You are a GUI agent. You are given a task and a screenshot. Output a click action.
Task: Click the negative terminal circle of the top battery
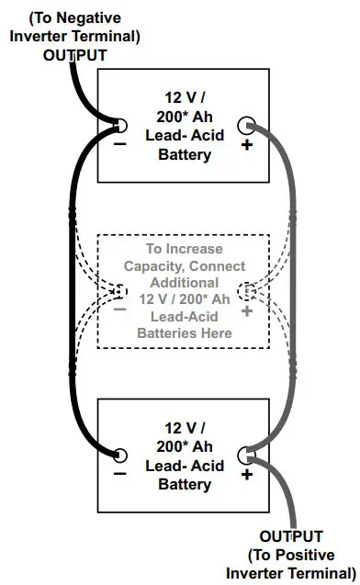(120, 125)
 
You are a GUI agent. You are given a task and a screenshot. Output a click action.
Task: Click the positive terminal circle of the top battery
(246, 125)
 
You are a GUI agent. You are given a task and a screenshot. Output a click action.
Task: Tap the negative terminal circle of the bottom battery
(120, 454)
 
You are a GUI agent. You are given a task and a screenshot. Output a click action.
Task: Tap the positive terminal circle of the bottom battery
(246, 454)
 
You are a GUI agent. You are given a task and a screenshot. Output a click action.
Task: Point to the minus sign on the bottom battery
(119, 475)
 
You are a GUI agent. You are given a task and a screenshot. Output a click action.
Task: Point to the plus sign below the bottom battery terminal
(246, 475)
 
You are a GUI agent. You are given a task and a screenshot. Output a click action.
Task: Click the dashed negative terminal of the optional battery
(119, 291)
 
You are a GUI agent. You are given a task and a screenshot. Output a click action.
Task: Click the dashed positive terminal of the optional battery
(246, 291)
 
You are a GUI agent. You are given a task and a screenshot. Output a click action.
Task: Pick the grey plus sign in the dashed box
(246, 311)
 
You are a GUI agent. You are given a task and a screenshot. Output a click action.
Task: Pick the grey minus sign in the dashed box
(119, 311)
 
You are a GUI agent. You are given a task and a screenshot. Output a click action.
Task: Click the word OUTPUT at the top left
(75, 54)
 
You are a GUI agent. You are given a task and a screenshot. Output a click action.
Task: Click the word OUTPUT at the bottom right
(291, 535)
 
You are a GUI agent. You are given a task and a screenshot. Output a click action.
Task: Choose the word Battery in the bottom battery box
(185, 484)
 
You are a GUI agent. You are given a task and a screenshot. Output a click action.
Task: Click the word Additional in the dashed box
(185, 283)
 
